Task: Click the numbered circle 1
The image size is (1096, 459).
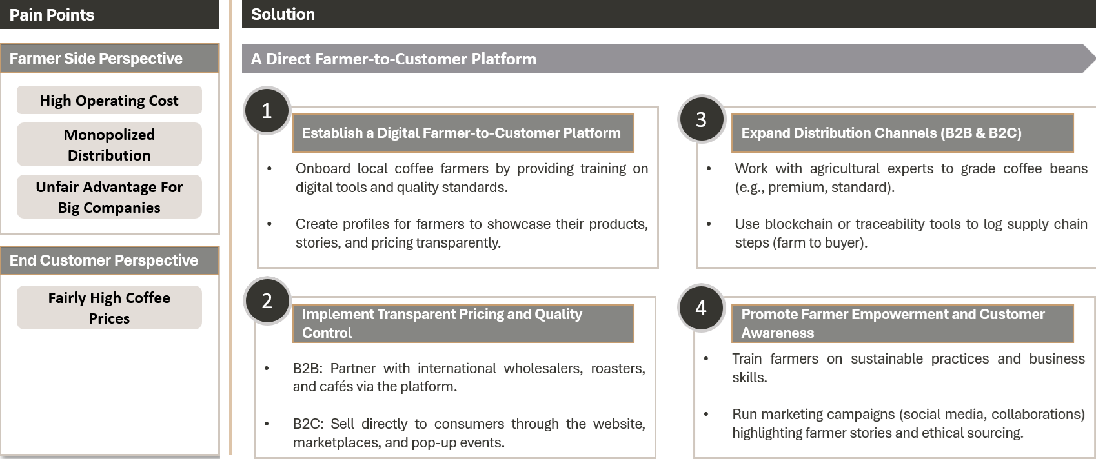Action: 267,110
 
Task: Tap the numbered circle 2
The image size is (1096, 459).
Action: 267,300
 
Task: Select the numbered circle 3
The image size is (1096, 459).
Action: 701,119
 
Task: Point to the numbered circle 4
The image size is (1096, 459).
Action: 701,308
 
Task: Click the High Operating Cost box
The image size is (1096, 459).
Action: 109,100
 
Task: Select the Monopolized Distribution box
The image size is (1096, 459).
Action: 109,144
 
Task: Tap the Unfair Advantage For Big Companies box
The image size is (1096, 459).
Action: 109,197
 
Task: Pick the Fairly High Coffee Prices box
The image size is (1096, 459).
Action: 109,308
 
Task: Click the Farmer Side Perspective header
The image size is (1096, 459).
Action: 110,59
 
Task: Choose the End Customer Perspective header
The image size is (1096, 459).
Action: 110,260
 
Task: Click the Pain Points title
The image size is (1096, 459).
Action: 52,15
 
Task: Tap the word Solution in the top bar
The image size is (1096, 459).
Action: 283,14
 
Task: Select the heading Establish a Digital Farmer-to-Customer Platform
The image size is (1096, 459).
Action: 463,133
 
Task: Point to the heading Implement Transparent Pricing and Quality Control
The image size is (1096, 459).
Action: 463,324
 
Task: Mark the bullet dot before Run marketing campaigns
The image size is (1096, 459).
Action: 705,414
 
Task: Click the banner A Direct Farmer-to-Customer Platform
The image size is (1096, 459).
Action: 668,59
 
